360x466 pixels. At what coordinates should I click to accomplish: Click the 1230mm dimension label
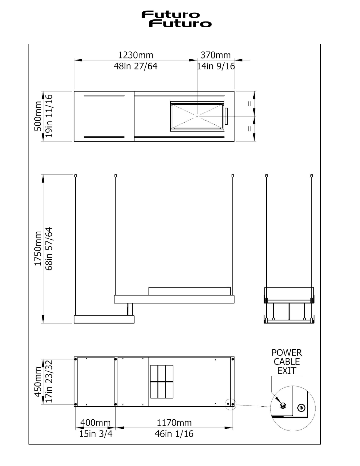[136, 55]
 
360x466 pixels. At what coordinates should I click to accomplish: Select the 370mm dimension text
[215, 55]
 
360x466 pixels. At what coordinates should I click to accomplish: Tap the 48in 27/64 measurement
[135, 66]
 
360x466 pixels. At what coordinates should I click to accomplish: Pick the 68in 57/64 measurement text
[49, 248]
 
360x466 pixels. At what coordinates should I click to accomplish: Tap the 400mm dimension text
[95, 423]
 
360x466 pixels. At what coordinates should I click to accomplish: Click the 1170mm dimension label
[174, 423]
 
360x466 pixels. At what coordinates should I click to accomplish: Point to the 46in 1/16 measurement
[174, 434]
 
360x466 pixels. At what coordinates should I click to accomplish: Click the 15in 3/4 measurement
[96, 434]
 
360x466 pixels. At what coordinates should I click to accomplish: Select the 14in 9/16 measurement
[216, 66]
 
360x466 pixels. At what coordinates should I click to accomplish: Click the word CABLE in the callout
[287, 362]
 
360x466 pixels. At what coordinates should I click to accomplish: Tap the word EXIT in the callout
[287, 370]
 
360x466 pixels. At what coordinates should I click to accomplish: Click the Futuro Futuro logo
[176, 19]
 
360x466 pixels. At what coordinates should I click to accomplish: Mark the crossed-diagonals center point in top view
[197, 116]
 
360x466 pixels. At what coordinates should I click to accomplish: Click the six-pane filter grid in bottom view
[162, 382]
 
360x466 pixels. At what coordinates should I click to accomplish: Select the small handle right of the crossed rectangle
[226, 116]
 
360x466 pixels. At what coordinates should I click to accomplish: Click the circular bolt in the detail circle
[301, 408]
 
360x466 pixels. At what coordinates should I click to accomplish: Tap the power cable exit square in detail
[283, 406]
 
